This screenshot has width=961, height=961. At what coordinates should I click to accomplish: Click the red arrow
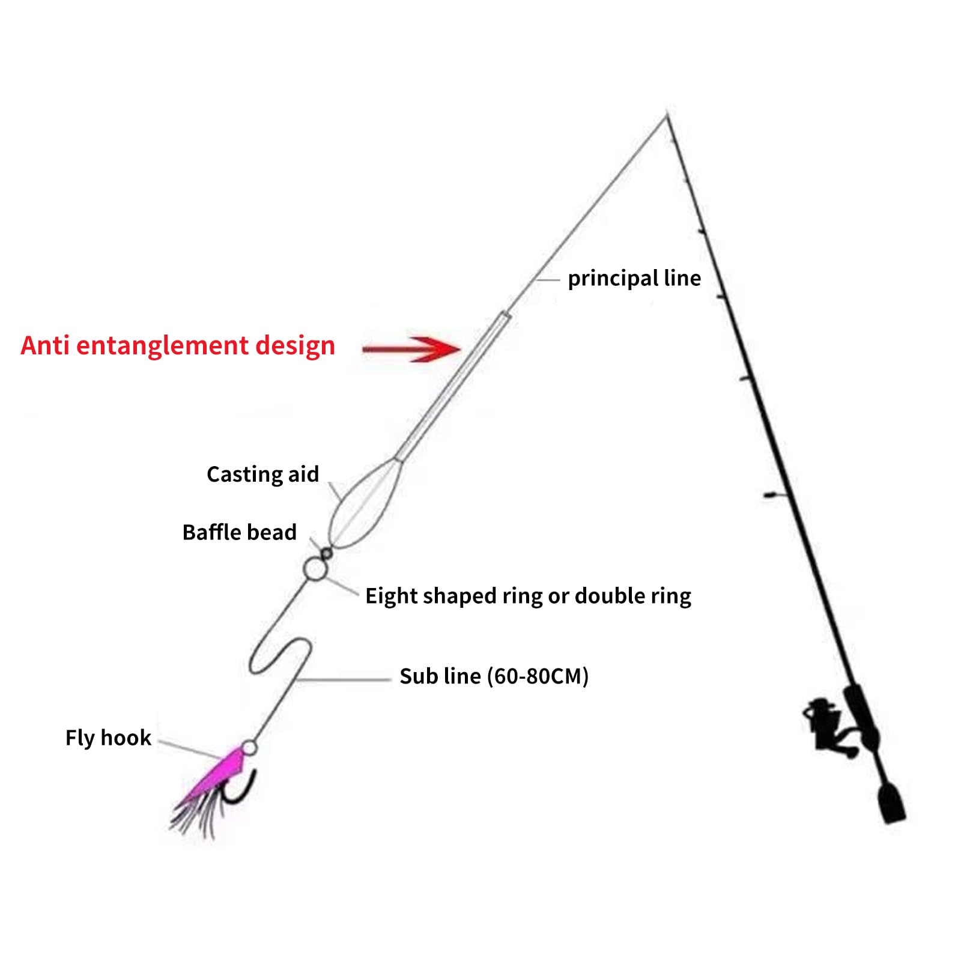click(412, 349)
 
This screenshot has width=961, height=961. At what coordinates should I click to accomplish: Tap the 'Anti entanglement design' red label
click(178, 346)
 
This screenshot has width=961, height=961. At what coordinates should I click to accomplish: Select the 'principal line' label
click(634, 279)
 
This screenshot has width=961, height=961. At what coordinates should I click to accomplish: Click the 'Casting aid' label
click(262, 474)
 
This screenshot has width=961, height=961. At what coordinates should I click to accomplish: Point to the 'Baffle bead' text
click(239, 532)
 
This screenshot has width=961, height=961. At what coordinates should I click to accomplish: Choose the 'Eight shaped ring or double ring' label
click(528, 596)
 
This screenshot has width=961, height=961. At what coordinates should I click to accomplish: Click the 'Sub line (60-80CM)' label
click(494, 676)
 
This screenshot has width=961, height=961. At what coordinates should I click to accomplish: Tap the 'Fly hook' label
click(108, 738)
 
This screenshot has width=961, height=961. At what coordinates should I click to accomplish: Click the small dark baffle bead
click(326, 553)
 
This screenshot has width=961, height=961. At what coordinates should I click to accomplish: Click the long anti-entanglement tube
click(454, 385)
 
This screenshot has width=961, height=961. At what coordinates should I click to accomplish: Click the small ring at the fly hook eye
click(249, 748)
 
